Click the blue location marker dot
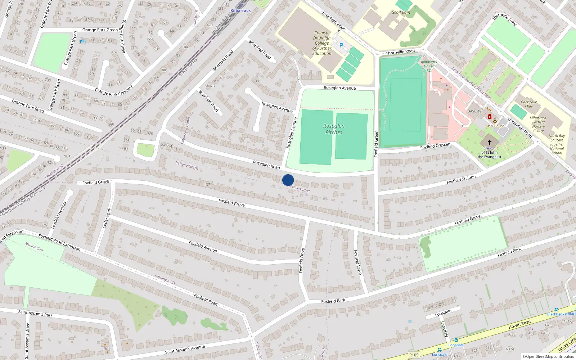(x=288, y=180)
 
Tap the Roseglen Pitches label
(x=334, y=129)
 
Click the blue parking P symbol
(x=341, y=45)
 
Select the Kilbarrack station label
(x=240, y=10)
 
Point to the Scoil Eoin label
(x=401, y=12)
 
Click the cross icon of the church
(x=489, y=142)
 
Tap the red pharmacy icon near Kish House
(x=490, y=117)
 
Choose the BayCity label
(x=474, y=111)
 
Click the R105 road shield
(x=414, y=355)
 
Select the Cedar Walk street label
(x=107, y=218)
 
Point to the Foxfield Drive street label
(x=302, y=260)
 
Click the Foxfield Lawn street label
(x=357, y=262)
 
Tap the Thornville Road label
(x=400, y=52)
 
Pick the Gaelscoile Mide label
(x=529, y=104)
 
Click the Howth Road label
(x=519, y=324)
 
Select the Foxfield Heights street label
(x=59, y=215)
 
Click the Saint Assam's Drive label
(x=27, y=341)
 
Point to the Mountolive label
(x=34, y=247)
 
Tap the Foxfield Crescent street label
(x=436, y=146)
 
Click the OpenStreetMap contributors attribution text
(x=548, y=356)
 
